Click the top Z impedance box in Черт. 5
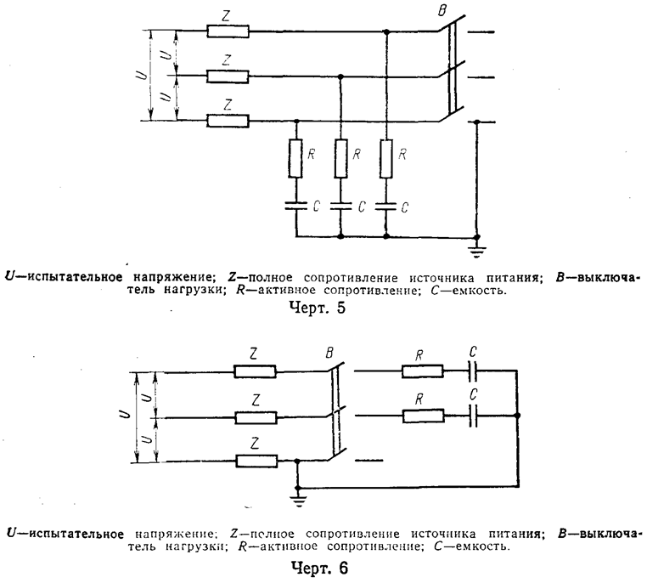pos(228,32)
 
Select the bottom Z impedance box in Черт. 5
pos(228,121)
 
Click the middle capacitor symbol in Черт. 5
pos(340,206)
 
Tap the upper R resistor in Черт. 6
pos(422,371)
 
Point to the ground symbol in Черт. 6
pos(297,499)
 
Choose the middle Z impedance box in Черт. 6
pos(256,417)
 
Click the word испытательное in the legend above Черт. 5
pos(79,277)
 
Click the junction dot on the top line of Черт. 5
pos(386,31)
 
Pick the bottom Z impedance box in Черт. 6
pos(256,461)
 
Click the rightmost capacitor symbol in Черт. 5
pos(386,206)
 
